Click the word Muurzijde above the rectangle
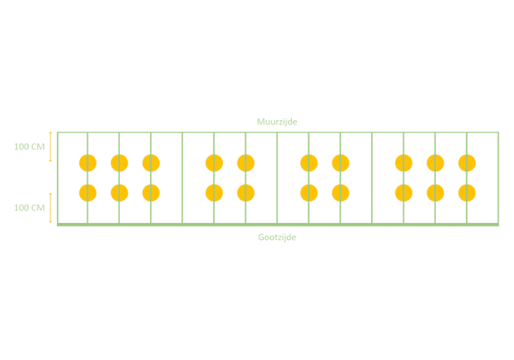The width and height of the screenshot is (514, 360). coord(277,122)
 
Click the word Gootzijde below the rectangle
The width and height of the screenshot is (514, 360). coord(277,237)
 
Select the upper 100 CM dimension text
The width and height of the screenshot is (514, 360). coord(29,147)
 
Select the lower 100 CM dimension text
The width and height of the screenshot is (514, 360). coord(29,207)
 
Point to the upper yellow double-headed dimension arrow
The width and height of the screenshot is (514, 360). coord(51,147)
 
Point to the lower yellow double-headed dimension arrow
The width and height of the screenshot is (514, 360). coord(51,207)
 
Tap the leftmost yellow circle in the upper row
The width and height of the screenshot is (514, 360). coord(87,163)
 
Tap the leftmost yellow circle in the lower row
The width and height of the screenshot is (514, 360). coord(87,193)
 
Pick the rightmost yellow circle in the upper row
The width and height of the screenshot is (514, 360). coord(467,163)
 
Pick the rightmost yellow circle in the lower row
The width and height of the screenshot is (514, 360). coord(467,193)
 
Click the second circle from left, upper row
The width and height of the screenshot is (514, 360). coord(119,163)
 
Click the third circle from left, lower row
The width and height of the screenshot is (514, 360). coord(151,193)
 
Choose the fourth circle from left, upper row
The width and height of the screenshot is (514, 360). coord(214,163)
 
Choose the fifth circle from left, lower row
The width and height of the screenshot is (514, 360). coord(246,193)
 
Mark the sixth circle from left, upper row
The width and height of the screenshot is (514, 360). coord(308,163)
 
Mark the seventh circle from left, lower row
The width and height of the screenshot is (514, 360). coord(340,193)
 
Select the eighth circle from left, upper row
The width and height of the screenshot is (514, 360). coord(403,163)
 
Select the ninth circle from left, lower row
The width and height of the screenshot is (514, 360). coord(435,193)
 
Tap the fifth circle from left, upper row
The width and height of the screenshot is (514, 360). coord(246,163)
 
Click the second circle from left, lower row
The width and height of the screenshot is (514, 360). coord(119,193)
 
